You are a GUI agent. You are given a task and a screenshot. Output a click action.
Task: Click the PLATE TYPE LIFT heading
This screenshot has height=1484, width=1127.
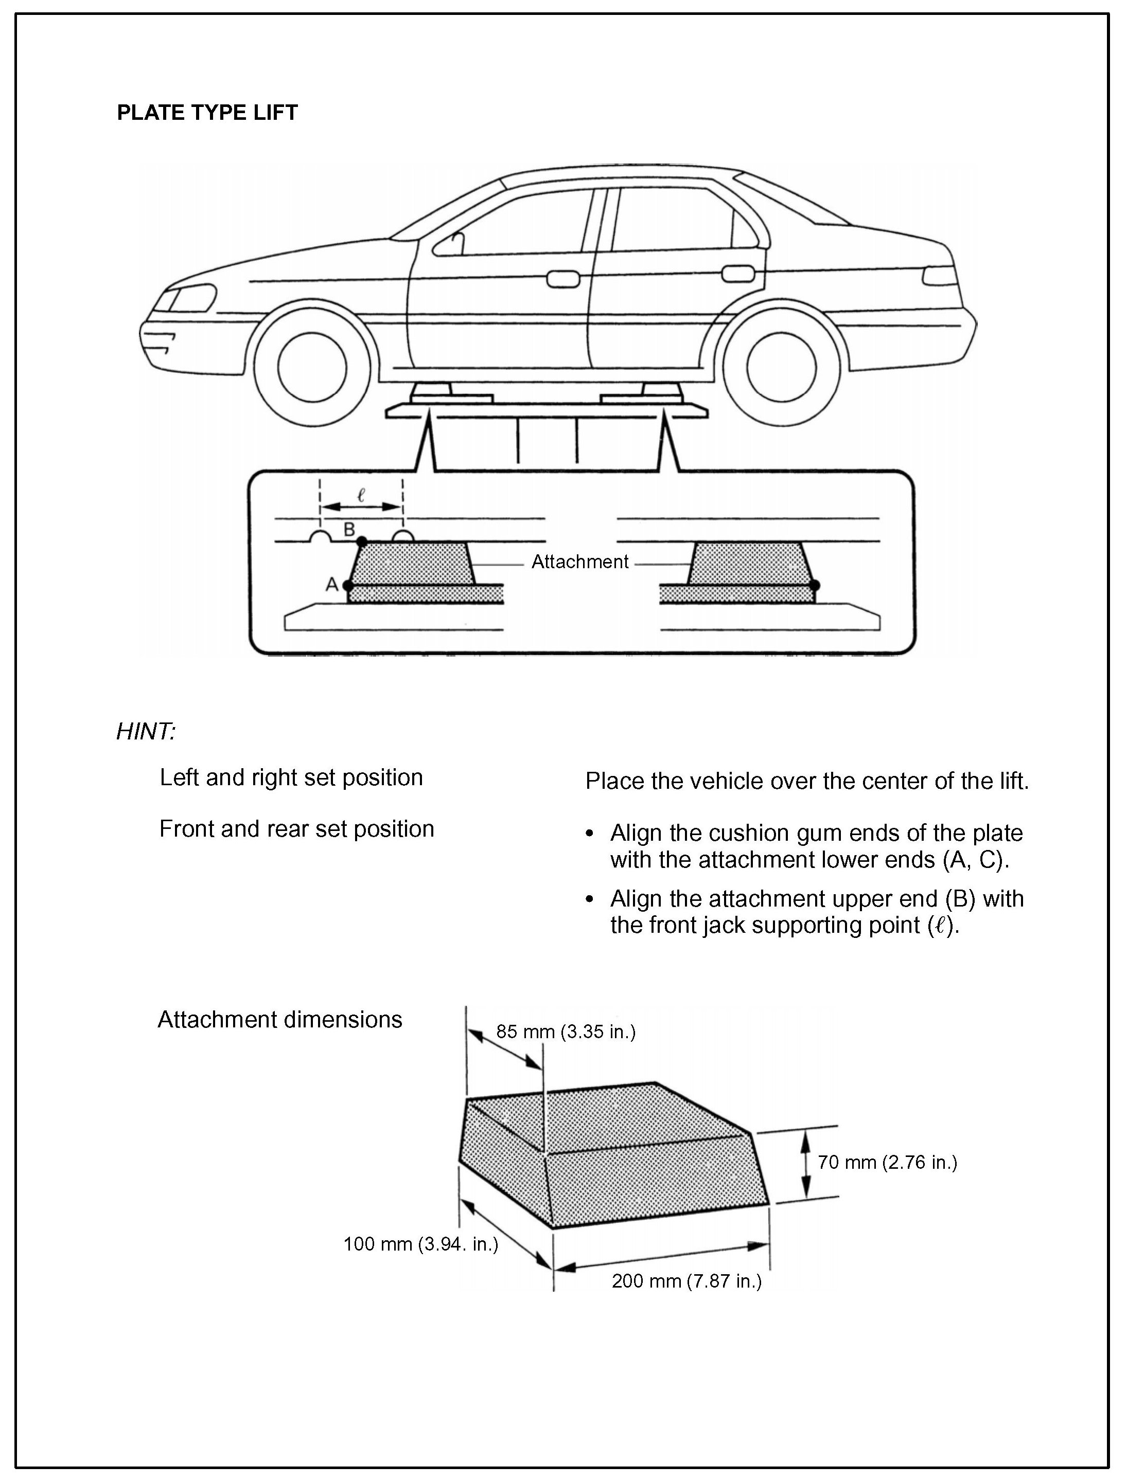point(207,112)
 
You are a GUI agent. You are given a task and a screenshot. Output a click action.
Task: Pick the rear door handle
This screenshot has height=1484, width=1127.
point(737,274)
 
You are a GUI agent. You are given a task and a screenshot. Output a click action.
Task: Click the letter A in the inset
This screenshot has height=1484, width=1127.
point(331,585)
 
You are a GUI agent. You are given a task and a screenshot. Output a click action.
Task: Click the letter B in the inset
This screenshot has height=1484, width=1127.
point(349,529)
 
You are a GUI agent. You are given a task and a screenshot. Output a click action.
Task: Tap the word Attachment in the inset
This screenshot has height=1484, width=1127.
point(580,562)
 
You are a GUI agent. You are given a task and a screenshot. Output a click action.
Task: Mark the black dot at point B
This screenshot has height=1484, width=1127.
point(362,541)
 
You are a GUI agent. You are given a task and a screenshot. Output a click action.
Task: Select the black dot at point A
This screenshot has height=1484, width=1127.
point(348,586)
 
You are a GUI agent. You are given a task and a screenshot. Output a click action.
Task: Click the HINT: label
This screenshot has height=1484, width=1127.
point(146,731)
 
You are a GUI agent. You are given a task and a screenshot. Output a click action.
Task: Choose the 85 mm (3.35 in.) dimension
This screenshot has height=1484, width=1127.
point(565,1031)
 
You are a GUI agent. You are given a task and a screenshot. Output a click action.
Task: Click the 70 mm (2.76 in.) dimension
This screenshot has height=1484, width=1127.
point(887,1162)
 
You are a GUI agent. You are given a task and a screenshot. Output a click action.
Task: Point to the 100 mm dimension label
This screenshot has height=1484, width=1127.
point(421,1244)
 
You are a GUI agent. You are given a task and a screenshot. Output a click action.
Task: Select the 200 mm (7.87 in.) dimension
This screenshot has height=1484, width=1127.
point(686,1281)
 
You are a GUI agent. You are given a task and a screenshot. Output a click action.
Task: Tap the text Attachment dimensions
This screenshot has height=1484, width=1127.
point(280,1020)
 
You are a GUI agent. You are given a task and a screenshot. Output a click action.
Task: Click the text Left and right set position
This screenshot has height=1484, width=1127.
point(291,777)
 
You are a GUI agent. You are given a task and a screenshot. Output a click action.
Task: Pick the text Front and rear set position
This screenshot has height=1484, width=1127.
point(297,829)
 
